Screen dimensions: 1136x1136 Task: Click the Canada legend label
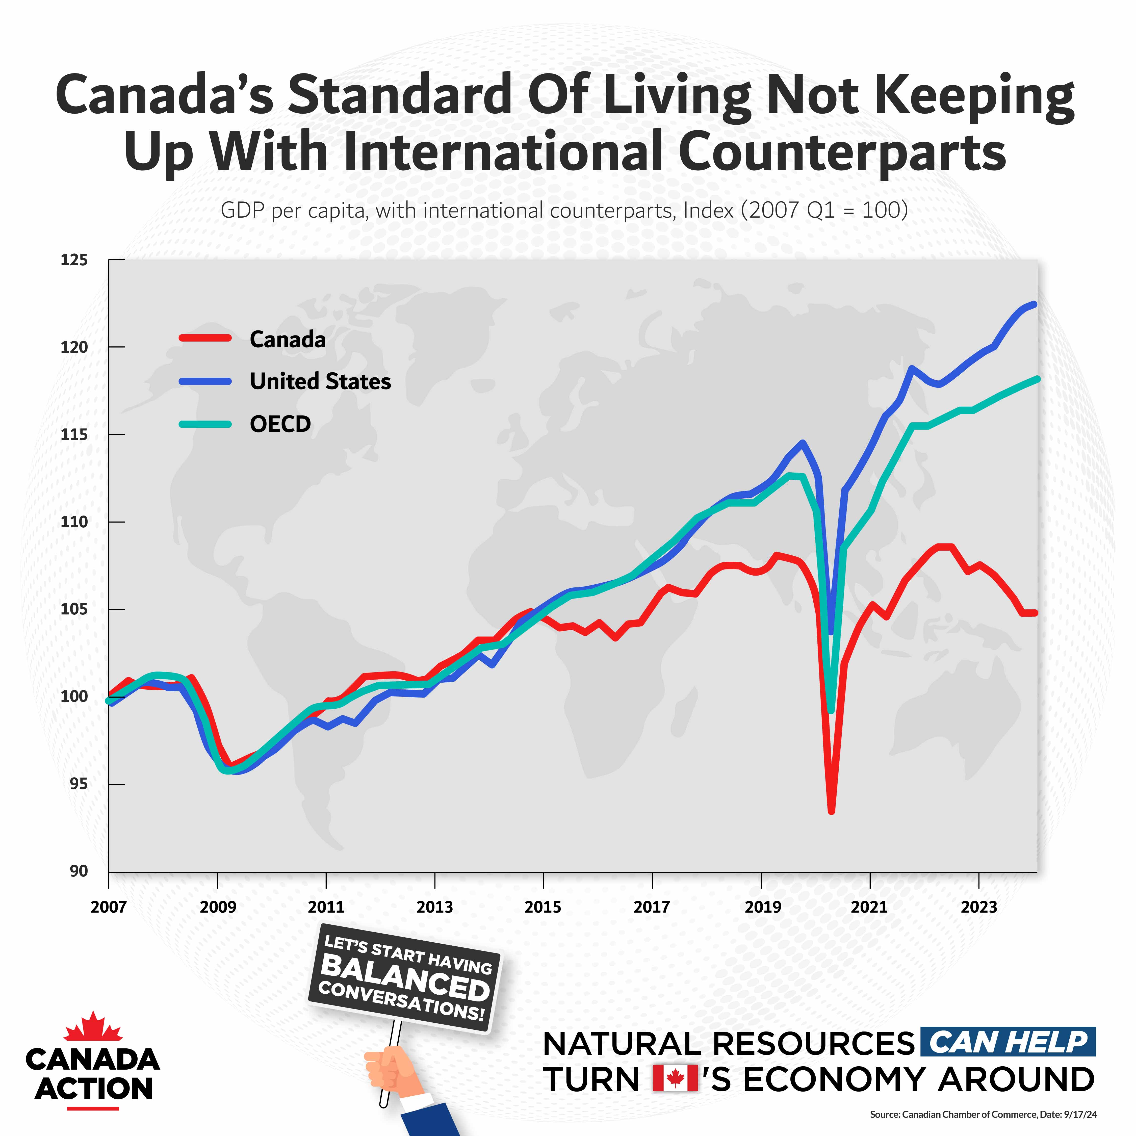pos(288,339)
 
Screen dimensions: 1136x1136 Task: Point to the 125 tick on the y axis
pos(74,260)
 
